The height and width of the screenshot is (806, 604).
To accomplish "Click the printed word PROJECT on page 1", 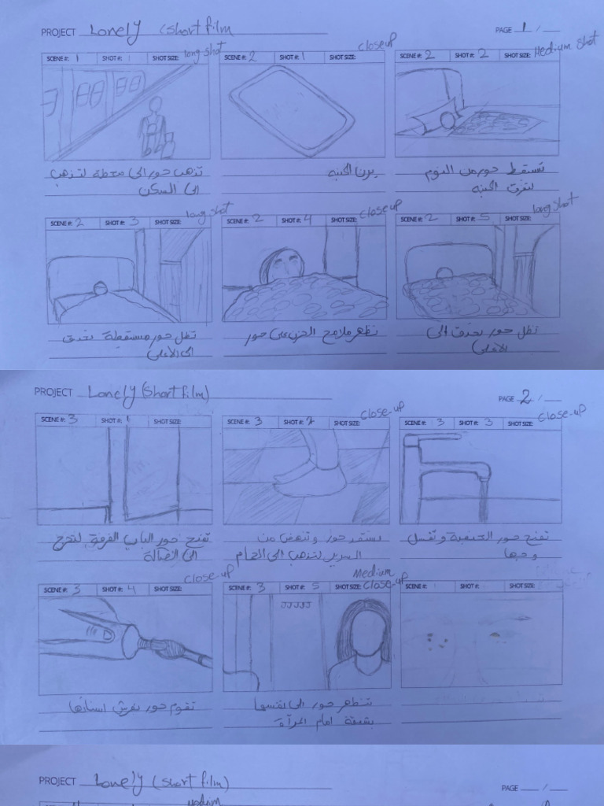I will point(58,32).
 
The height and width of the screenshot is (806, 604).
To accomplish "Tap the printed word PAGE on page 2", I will point(506,399).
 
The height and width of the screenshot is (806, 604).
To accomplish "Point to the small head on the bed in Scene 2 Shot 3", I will point(101,288).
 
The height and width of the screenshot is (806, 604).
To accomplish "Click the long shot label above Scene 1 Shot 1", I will point(203,51).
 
